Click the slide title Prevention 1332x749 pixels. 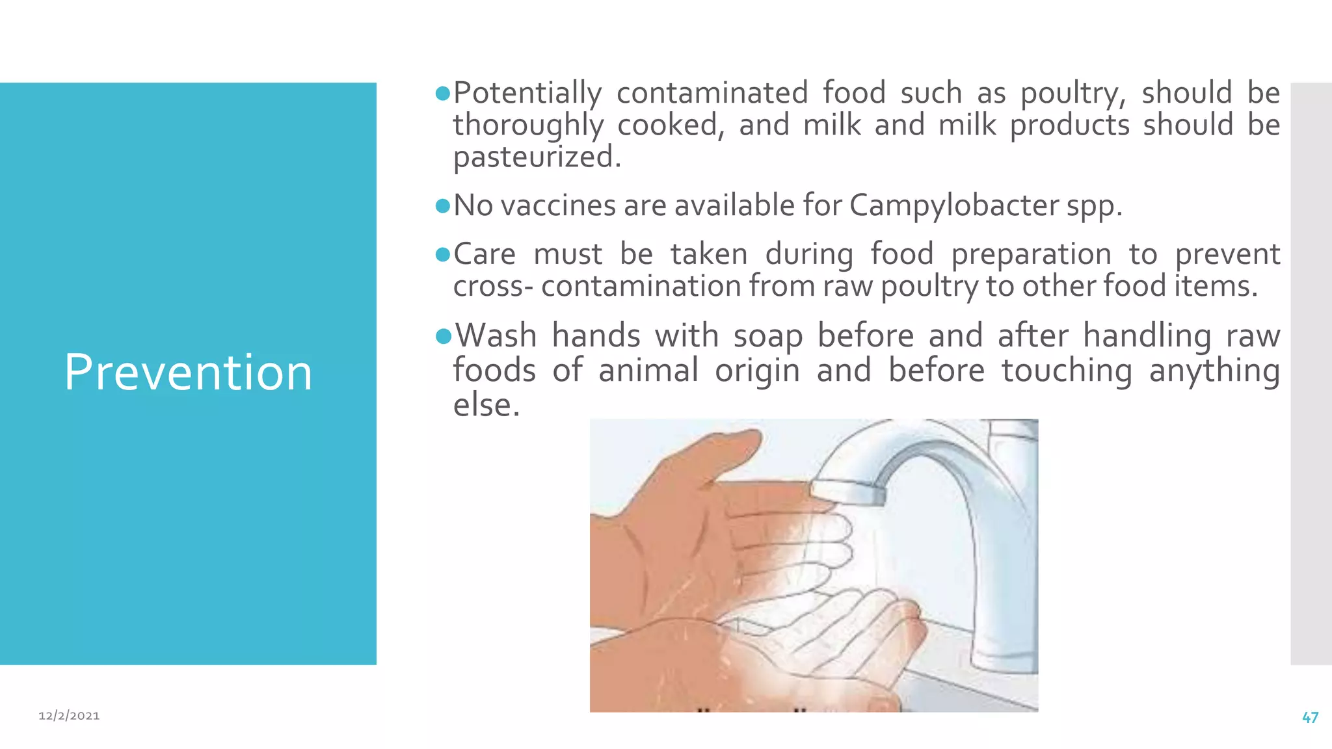188,372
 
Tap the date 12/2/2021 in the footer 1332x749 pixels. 69,716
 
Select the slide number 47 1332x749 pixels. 1310,718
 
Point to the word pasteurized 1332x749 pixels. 537,157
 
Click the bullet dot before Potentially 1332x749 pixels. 443,94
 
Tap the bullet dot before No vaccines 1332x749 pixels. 443,207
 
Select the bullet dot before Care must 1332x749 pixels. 443,255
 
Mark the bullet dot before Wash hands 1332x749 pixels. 444,336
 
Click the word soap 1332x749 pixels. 767,337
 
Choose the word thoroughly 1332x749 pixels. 528,125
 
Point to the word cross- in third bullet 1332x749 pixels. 493,286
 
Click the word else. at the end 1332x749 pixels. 486,405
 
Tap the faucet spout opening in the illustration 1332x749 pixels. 846,494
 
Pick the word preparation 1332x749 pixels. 1031,254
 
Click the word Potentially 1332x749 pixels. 527,93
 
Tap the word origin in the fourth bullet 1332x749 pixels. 757,371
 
